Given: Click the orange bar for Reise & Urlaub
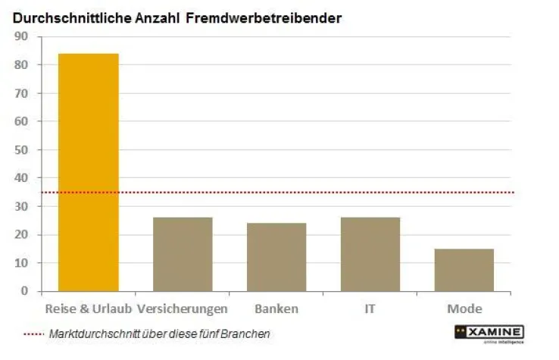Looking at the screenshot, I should click(x=89, y=172).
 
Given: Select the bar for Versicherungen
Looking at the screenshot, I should click(x=183, y=254).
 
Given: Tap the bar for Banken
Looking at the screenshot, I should click(x=276, y=257).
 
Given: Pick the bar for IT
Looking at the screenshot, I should click(x=370, y=254).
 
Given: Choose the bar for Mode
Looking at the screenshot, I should click(x=464, y=270).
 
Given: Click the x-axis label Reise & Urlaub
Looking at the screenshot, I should click(x=89, y=309).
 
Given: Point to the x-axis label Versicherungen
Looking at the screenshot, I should click(x=183, y=309).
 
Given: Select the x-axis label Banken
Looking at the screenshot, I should click(x=276, y=309).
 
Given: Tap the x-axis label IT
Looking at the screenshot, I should click(x=370, y=309).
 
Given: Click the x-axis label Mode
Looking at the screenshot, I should click(x=464, y=309).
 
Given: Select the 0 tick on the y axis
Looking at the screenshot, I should click(x=24, y=291).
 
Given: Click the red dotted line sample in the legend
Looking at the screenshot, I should click(x=33, y=334).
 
